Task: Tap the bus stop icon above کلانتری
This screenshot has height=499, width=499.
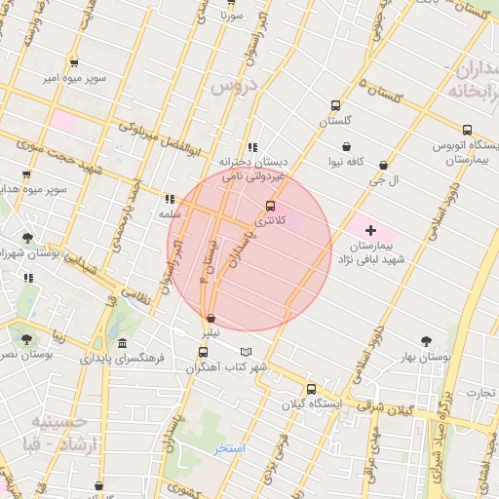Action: [270, 206]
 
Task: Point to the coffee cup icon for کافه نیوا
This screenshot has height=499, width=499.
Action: [346, 146]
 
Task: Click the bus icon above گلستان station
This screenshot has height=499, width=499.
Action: [335, 105]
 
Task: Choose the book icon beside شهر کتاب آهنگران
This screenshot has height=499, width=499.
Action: [246, 352]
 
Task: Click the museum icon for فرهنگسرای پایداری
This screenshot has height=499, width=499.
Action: [121, 344]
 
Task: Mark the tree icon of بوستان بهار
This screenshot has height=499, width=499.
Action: [426, 341]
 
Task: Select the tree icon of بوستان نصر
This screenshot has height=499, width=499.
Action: [26, 340]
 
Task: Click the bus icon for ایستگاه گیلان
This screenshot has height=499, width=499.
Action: [311, 388]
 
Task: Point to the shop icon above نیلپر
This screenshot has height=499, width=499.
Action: [211, 318]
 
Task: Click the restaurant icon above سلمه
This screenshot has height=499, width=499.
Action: [170, 198]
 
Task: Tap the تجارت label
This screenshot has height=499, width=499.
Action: [480, 394]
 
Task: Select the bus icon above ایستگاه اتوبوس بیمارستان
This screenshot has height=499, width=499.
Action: [467, 130]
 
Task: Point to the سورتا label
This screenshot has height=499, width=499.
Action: [230, 16]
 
